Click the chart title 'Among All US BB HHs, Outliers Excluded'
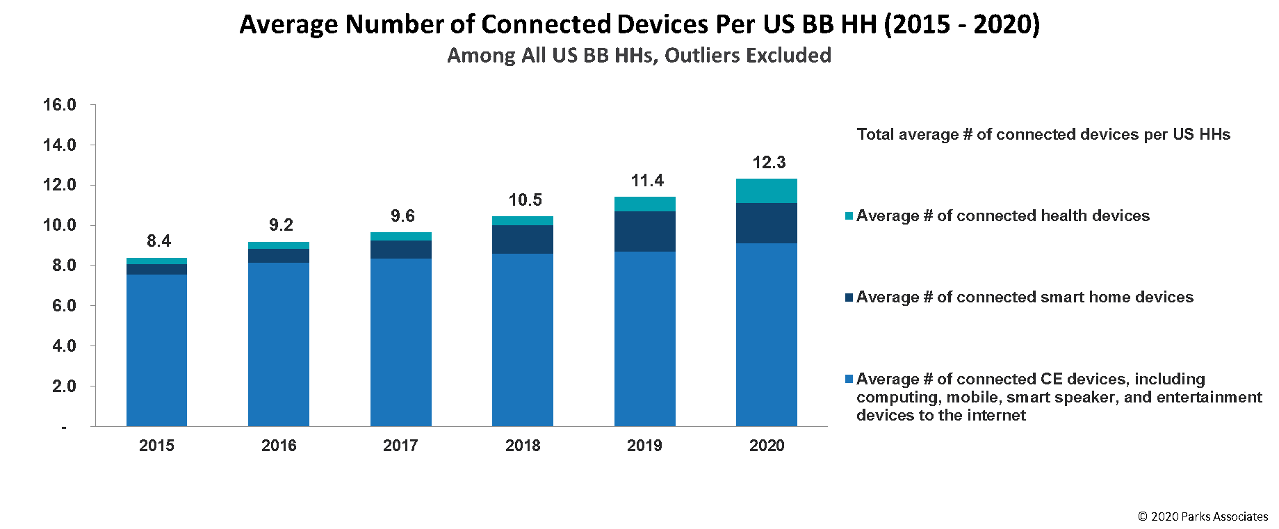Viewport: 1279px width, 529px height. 639,56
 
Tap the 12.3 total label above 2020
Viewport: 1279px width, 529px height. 769,163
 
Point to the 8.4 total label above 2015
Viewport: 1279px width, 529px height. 158,241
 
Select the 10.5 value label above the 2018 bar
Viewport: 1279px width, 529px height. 525,200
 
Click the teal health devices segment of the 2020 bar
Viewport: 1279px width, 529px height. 766,191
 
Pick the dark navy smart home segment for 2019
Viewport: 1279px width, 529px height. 644,231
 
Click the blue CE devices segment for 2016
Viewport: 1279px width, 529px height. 278,344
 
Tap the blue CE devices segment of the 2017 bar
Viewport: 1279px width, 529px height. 400,342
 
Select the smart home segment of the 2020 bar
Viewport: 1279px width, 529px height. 766,223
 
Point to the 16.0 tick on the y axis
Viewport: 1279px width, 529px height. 59,105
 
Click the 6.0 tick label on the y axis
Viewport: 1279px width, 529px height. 63,306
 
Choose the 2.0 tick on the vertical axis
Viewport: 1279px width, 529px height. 63,386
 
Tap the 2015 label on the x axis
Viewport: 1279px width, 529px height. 156,446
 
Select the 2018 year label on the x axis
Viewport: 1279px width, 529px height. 523,446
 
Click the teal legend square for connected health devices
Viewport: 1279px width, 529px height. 849,216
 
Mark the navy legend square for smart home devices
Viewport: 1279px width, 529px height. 849,298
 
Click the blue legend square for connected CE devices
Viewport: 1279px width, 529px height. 849,380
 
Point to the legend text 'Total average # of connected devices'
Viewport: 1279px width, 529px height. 1043,134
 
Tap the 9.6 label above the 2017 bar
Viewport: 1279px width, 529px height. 402,216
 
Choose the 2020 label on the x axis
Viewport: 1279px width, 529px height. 766,446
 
